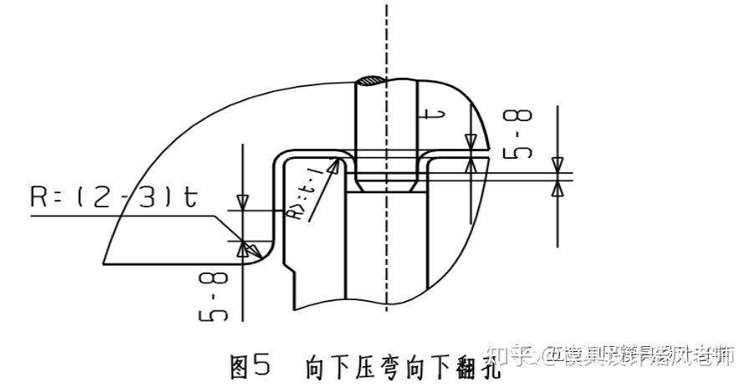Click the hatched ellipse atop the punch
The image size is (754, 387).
tap(369, 82)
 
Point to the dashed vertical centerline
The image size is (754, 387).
tap(386, 33)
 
